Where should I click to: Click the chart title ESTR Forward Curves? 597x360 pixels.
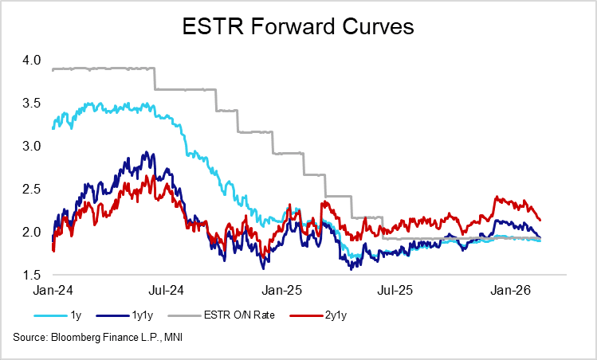pyautogui.click(x=298, y=28)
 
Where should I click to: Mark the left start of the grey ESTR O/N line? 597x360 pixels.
pyautogui.click(x=53, y=70)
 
